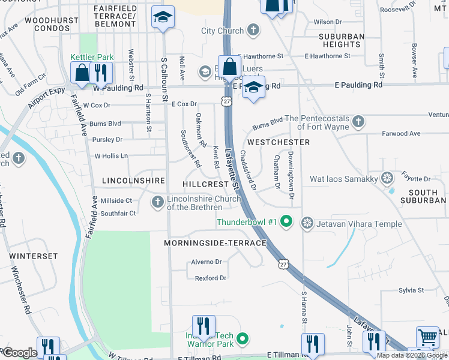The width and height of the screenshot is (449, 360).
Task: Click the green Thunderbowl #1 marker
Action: (286, 222)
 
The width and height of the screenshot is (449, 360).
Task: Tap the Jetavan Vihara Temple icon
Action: (307, 223)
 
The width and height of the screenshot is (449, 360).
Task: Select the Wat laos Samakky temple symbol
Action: (388, 178)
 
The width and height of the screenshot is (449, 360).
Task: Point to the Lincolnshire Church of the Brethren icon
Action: (158, 202)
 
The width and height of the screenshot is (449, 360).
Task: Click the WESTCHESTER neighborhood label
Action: (279, 142)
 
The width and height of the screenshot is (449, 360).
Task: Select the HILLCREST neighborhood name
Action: (206, 184)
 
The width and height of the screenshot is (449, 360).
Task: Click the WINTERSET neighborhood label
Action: (34, 256)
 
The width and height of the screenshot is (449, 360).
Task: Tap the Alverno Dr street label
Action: (206, 262)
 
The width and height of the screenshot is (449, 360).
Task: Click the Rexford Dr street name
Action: (210, 278)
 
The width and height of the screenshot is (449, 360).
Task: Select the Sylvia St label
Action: (411, 290)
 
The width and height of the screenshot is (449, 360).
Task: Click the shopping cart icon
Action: (427, 337)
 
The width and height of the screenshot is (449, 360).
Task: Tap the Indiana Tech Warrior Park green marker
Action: (243, 340)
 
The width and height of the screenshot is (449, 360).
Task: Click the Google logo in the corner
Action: (19, 353)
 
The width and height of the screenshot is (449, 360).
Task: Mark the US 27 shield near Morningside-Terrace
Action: (284, 263)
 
